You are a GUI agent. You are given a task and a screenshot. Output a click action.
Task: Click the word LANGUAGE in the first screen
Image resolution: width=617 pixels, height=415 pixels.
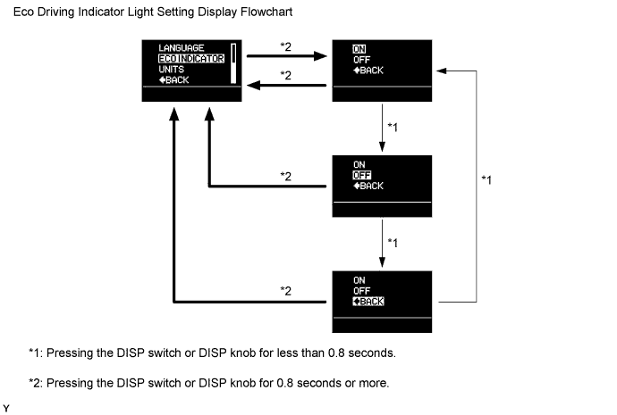pyautogui.click(x=181, y=47)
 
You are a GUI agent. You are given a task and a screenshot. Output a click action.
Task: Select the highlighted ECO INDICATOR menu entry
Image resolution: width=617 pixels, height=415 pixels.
pyautogui.click(x=190, y=58)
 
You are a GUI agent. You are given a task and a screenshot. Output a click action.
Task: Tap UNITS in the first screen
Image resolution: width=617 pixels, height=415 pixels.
pyautogui.click(x=172, y=69)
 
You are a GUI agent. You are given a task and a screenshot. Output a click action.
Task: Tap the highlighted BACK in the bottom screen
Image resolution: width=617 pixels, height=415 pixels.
pyautogui.click(x=368, y=302)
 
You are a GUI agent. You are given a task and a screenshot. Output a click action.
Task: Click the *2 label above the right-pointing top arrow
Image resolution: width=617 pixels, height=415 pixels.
pyautogui.click(x=286, y=46)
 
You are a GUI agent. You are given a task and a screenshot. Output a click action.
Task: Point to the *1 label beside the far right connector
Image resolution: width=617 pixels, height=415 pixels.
pyautogui.click(x=487, y=180)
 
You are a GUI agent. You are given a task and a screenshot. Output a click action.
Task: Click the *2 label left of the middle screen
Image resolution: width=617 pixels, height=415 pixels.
pyautogui.click(x=286, y=176)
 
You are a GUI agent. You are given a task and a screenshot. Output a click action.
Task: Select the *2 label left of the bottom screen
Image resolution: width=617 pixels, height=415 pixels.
pyautogui.click(x=286, y=291)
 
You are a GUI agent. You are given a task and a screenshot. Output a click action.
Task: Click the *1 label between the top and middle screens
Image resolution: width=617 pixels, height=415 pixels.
pyautogui.click(x=391, y=128)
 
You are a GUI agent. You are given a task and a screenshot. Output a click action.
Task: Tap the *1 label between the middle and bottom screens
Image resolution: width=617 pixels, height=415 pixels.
pyautogui.click(x=391, y=243)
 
